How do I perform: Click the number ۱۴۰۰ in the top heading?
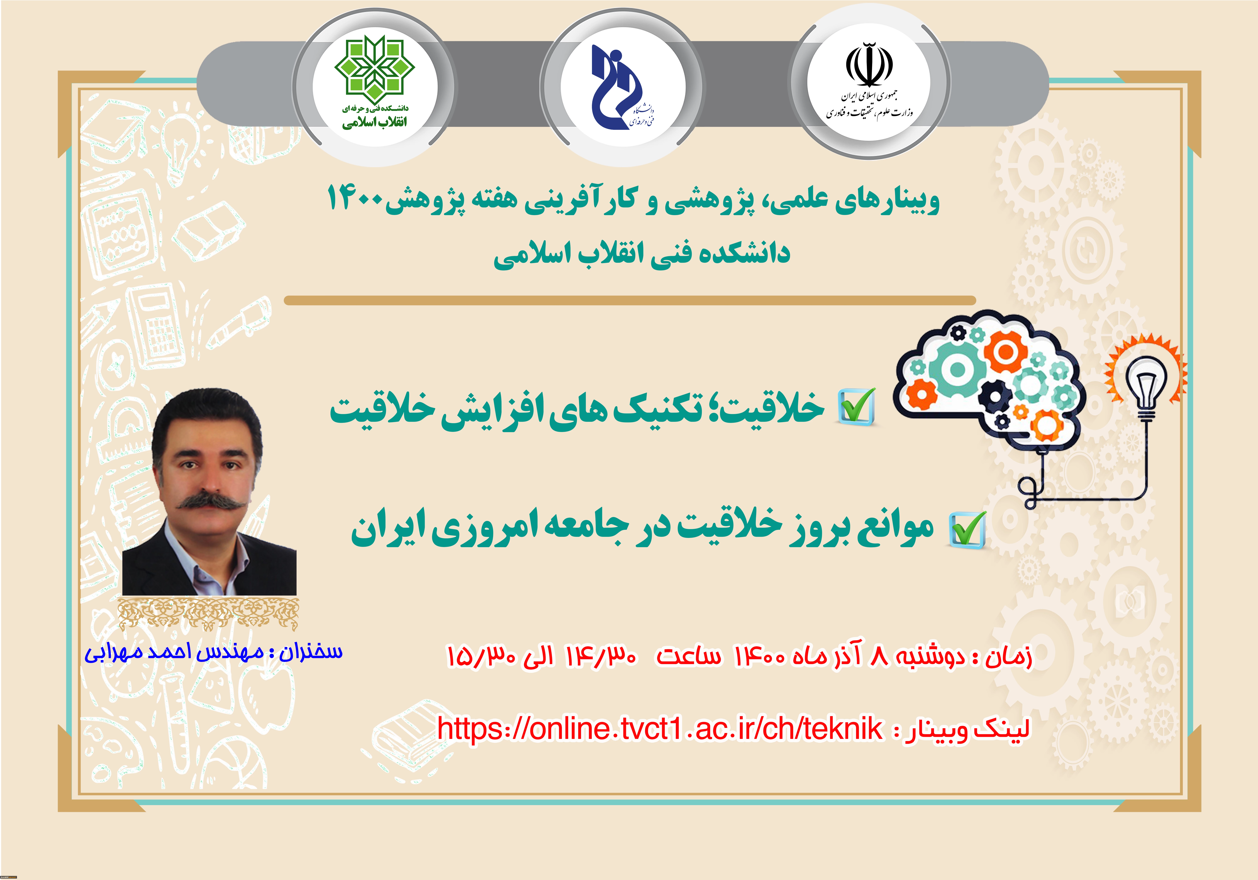tap(356, 199)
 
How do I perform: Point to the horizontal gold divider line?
tap(629, 300)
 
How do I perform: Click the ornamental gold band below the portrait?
tap(209, 614)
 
